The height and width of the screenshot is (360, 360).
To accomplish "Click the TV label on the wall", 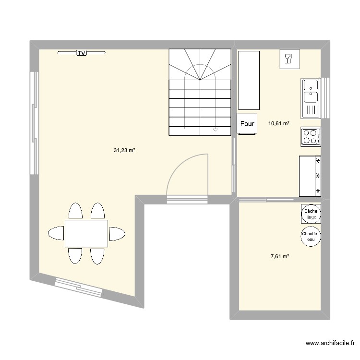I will click(x=82, y=53).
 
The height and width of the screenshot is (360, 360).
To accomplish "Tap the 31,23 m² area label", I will click(x=124, y=150).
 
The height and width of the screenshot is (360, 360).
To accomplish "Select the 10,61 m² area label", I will click(x=279, y=123).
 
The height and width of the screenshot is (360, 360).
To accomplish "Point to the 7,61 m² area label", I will click(x=280, y=257).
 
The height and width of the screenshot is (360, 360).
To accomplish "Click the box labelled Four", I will click(x=247, y=124).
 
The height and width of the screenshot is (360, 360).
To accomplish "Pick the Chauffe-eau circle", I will click(x=310, y=236).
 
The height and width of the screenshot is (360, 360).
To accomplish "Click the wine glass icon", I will click(x=289, y=59).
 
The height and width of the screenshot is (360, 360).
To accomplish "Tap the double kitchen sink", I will click(x=311, y=98).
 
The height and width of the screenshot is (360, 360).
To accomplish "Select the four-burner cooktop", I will click(x=311, y=136).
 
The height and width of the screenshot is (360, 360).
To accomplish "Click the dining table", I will click(x=86, y=233).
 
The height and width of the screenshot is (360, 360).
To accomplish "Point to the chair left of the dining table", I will click(x=56, y=233).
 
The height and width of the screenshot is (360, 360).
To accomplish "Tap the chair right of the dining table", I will click(x=117, y=234).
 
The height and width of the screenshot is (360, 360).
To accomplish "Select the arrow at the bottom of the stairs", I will click(x=215, y=129).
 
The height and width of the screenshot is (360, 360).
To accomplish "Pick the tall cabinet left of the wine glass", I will click(x=250, y=80).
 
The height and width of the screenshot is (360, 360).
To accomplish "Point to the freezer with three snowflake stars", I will click(x=310, y=176).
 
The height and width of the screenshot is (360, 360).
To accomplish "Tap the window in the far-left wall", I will click(x=34, y=123).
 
